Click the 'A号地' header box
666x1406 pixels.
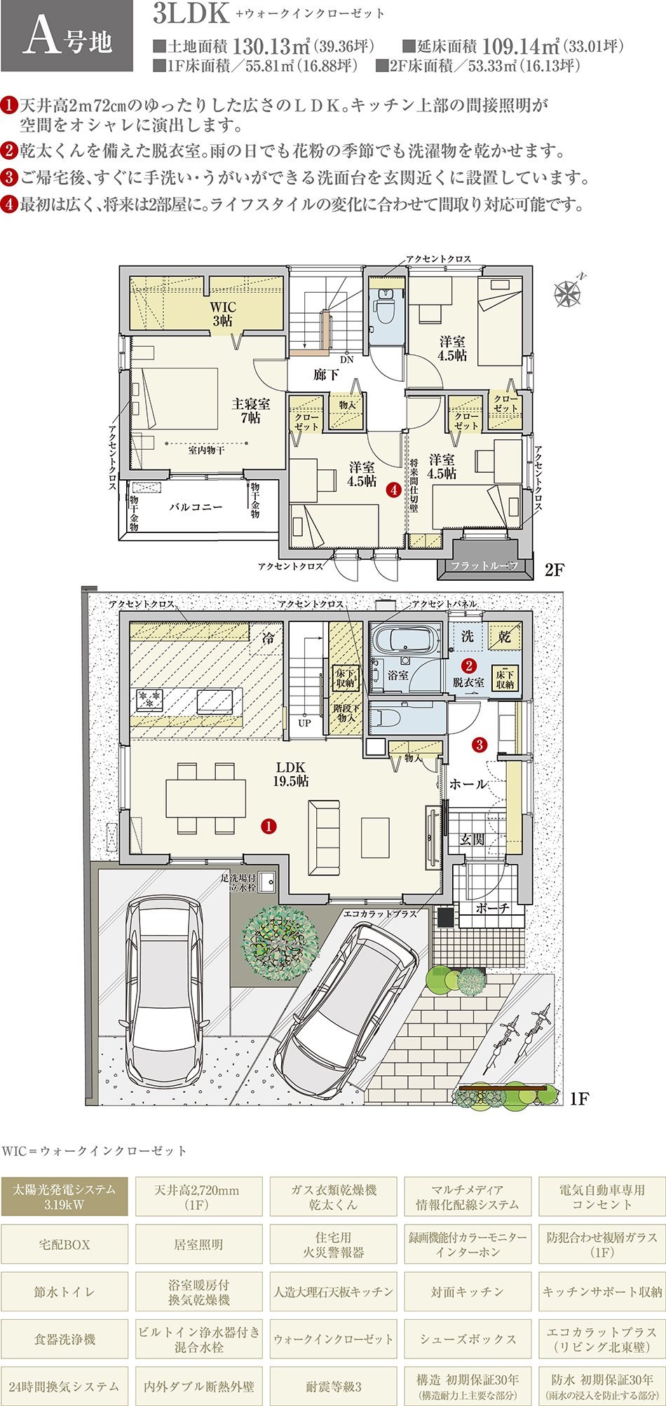coord(67,36)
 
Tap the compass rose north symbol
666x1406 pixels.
coord(568,292)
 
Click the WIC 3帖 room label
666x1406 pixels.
coord(223,314)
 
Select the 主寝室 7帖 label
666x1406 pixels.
coord(250,411)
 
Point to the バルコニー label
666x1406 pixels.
coord(196,506)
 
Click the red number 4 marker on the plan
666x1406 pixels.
coord(394,490)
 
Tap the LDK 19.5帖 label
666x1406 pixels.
coord(290,774)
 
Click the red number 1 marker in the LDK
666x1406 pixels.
coord(269,827)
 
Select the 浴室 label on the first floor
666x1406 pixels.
coord(398,675)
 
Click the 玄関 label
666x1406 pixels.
coord(473,838)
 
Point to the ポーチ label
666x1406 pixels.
coord(492,908)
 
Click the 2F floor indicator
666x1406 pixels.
coord(554,570)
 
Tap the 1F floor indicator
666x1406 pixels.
coord(579,1098)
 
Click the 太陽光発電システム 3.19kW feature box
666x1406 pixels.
coord(64,1197)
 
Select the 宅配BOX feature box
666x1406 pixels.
coord(64,1244)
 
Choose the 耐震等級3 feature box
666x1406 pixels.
coord(334,1386)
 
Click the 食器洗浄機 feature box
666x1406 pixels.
coord(64,1339)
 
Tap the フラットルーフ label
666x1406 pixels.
coord(484,565)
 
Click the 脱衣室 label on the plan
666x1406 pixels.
coord(468,682)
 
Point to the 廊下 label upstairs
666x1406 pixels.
coord(326,375)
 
